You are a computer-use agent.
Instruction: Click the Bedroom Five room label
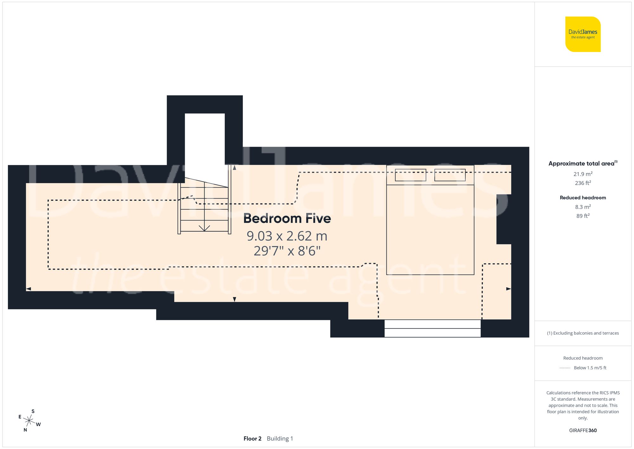point(287,218)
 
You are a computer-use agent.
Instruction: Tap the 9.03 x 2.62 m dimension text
point(287,236)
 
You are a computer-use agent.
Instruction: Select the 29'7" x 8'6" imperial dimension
point(287,251)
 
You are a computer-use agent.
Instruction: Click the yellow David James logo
point(583,34)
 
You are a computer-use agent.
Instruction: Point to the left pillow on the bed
point(410,175)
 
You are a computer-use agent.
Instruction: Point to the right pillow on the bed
point(450,175)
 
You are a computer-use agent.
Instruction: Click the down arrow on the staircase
point(204,228)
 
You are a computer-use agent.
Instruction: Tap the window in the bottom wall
point(432,328)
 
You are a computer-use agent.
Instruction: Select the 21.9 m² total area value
point(583,174)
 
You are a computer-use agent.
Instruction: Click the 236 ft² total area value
point(583,183)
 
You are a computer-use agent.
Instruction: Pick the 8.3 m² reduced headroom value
point(583,207)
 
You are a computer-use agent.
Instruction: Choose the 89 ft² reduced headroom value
point(583,216)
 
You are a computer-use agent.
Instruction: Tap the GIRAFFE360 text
point(583,430)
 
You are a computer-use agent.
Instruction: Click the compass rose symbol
point(29,421)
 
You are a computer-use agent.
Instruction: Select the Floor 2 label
point(252,439)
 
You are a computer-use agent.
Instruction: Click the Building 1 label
point(280,439)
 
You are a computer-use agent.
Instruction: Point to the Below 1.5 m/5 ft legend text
point(590,368)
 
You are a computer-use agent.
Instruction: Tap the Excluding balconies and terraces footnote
point(583,333)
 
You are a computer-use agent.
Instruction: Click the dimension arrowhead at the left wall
point(29,289)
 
